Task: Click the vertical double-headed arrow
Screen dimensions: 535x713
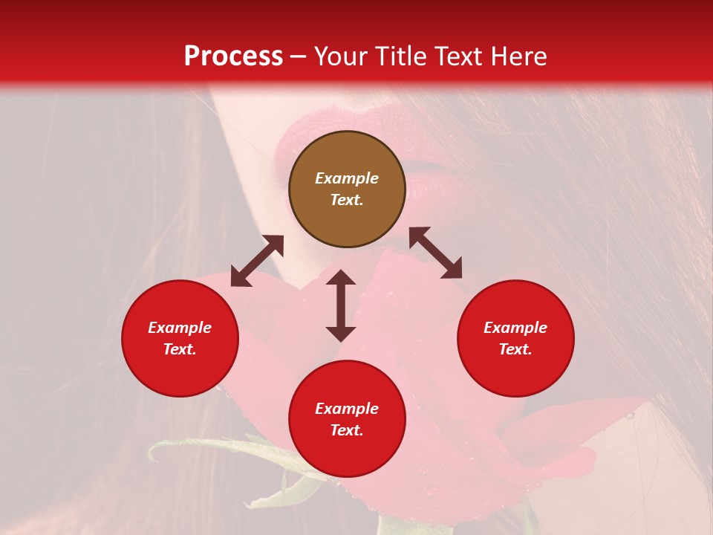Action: point(341,305)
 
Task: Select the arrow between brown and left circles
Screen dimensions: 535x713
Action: point(257,261)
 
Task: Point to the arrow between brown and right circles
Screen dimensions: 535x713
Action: point(435,253)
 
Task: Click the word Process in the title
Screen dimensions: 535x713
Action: point(233,56)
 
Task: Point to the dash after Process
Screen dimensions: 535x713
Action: point(299,56)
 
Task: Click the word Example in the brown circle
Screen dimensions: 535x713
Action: point(347,178)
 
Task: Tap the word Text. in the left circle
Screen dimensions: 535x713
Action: point(180,349)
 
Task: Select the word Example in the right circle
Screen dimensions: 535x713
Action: point(515,328)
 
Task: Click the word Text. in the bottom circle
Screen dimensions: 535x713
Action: point(347,430)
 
